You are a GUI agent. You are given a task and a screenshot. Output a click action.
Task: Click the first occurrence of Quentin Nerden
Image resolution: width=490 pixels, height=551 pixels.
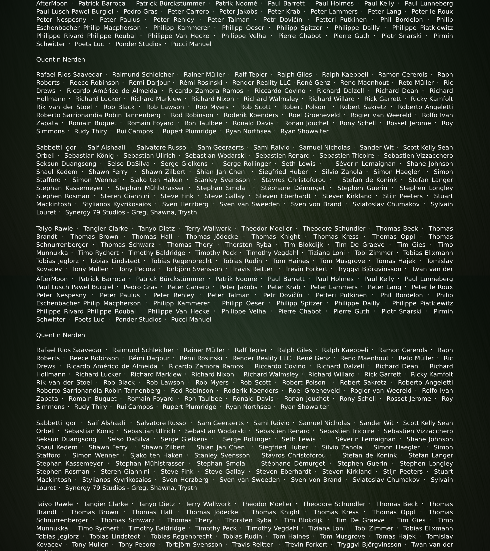[x=60, y=60]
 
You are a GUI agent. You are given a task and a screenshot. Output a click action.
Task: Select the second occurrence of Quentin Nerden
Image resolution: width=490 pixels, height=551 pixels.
[x=60, y=335]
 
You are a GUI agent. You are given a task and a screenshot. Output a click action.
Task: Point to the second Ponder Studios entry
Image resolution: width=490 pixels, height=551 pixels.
[x=138, y=320]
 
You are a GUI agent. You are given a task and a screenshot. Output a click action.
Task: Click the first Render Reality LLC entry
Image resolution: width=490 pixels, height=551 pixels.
[x=261, y=83]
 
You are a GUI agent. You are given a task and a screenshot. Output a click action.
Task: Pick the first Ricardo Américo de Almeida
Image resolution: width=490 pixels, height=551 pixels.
[x=112, y=91]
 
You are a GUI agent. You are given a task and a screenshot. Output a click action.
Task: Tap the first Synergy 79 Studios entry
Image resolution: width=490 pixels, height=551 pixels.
[x=131, y=212]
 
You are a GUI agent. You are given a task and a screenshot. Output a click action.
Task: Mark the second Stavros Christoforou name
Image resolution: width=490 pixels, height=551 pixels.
[x=293, y=456]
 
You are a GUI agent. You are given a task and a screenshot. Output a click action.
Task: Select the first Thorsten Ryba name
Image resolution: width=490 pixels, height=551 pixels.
[x=248, y=245]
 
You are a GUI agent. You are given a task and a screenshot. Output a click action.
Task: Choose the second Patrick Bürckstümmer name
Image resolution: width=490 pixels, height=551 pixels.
[x=170, y=279]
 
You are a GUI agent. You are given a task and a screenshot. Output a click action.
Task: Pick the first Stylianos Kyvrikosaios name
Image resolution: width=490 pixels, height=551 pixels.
[x=116, y=204]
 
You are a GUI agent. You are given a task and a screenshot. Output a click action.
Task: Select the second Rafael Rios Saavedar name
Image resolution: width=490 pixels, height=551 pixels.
[x=69, y=350]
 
